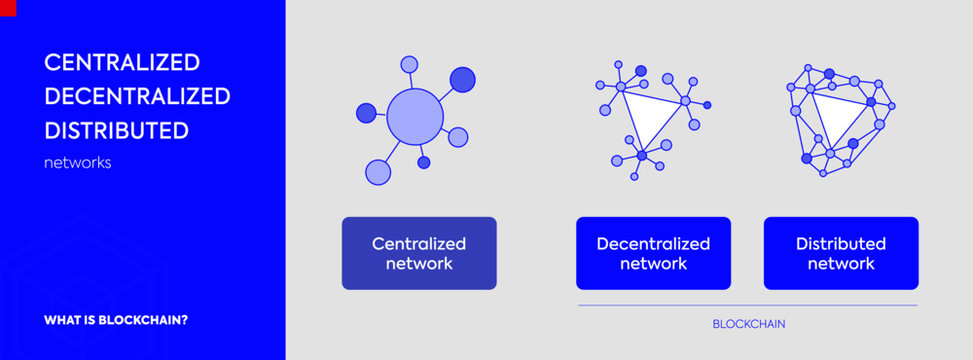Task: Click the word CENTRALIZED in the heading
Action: tap(122, 62)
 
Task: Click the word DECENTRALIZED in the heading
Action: tap(137, 96)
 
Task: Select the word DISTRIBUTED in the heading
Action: tap(116, 130)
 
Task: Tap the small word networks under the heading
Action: tap(77, 162)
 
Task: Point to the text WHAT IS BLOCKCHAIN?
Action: tap(116, 321)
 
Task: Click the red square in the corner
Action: tap(7, 6)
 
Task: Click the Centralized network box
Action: tap(419, 253)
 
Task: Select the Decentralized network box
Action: tap(653, 253)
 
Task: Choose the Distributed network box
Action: tap(841, 253)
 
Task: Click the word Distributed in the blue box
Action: tap(841, 243)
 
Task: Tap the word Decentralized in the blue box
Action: tap(653, 243)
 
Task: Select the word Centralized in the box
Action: tap(419, 243)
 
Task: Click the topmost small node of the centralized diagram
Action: tap(409, 64)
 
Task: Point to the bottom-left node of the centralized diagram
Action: tap(377, 172)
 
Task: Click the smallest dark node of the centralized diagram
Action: tap(424, 162)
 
